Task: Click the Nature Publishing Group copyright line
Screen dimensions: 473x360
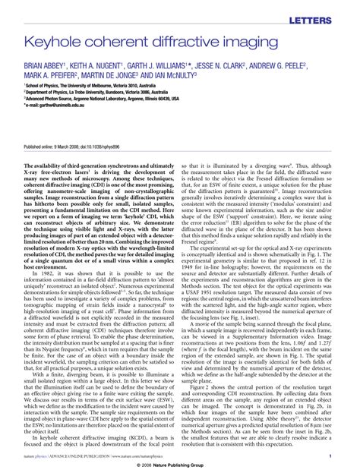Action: (180, 465)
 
